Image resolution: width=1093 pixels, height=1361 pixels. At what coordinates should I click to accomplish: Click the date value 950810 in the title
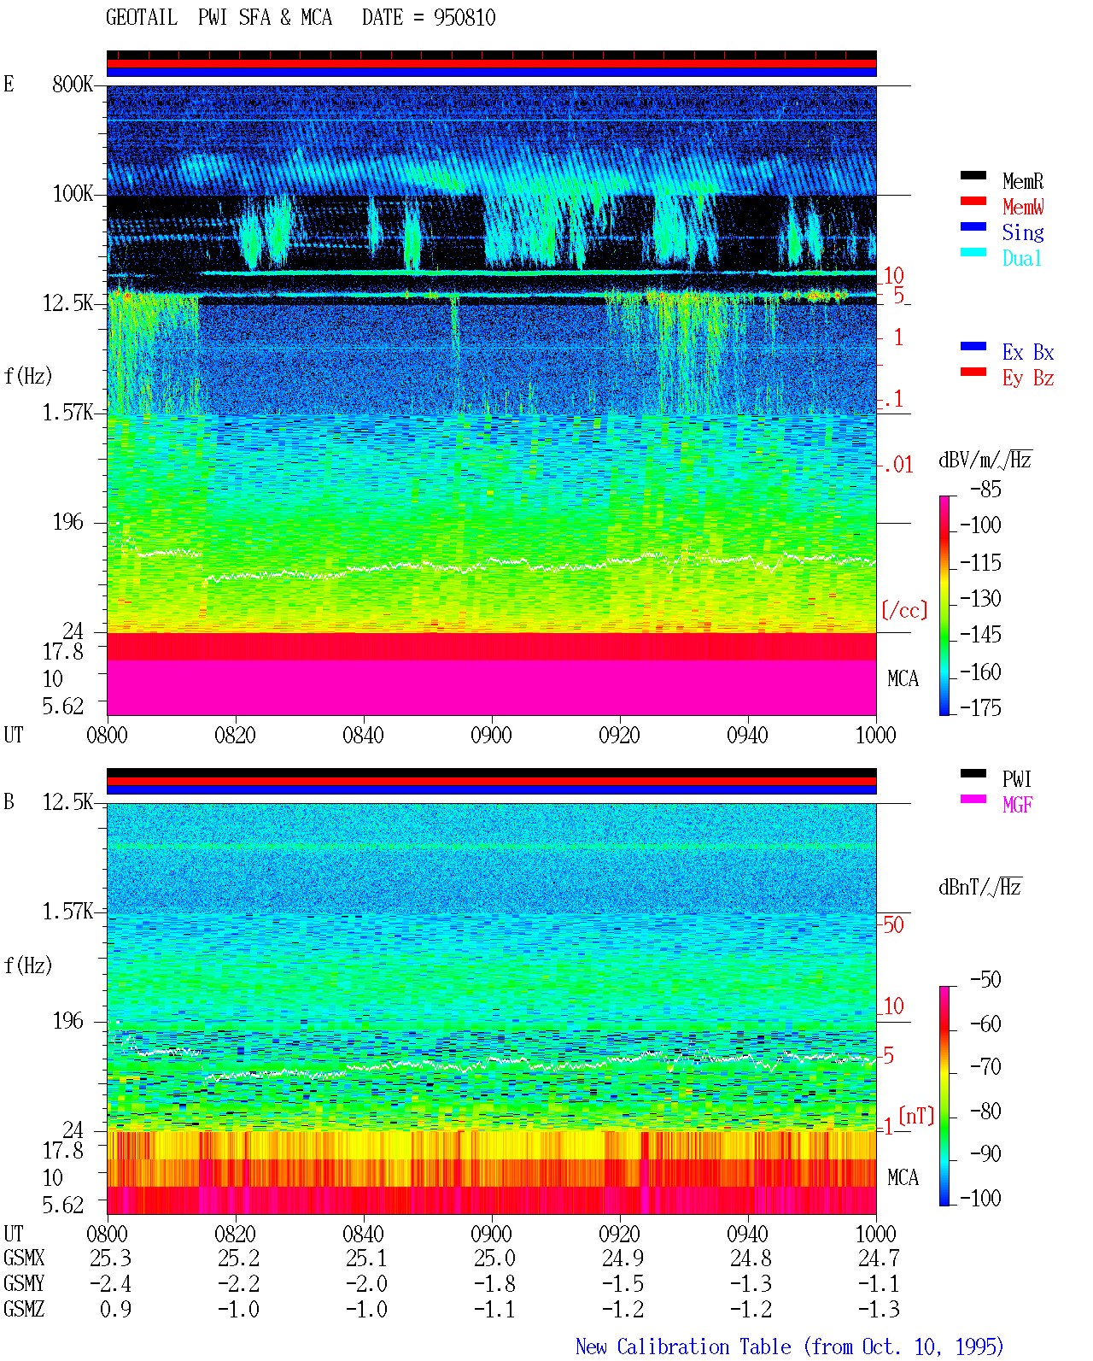(x=464, y=17)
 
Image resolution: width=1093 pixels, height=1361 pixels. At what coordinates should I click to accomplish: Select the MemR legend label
(x=1023, y=181)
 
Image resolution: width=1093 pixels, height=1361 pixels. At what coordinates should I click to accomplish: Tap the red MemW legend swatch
(x=973, y=201)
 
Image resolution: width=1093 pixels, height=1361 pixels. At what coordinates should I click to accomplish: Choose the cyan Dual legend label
(x=1022, y=258)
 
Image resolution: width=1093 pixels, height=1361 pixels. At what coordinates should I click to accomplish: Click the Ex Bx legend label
(x=1028, y=352)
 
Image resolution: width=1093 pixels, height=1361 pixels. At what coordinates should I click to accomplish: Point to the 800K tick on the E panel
(x=73, y=84)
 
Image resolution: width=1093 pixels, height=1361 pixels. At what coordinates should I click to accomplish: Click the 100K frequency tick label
(x=73, y=194)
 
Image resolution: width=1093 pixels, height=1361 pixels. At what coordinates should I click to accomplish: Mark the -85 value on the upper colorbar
(x=985, y=489)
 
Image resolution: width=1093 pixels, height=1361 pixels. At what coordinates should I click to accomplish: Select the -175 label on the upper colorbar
(x=980, y=707)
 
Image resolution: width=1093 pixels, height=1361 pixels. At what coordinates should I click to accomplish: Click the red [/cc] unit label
(x=904, y=610)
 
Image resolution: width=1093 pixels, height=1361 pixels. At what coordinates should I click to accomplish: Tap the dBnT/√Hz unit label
(x=979, y=887)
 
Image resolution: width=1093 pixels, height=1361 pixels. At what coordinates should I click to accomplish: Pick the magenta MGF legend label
(x=1017, y=805)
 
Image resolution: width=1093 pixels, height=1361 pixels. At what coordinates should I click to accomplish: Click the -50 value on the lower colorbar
(x=985, y=979)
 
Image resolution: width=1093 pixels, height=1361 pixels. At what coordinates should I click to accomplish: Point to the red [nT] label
(x=916, y=1115)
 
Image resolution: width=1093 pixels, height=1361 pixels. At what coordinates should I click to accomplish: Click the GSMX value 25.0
(x=494, y=1258)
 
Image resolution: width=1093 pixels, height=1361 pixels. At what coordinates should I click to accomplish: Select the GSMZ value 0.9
(x=115, y=1309)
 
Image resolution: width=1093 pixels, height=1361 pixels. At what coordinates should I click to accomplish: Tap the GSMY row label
(x=24, y=1283)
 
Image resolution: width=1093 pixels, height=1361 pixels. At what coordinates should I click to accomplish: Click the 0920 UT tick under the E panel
(x=620, y=735)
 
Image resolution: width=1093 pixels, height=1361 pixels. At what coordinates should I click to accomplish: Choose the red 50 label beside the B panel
(x=893, y=924)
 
